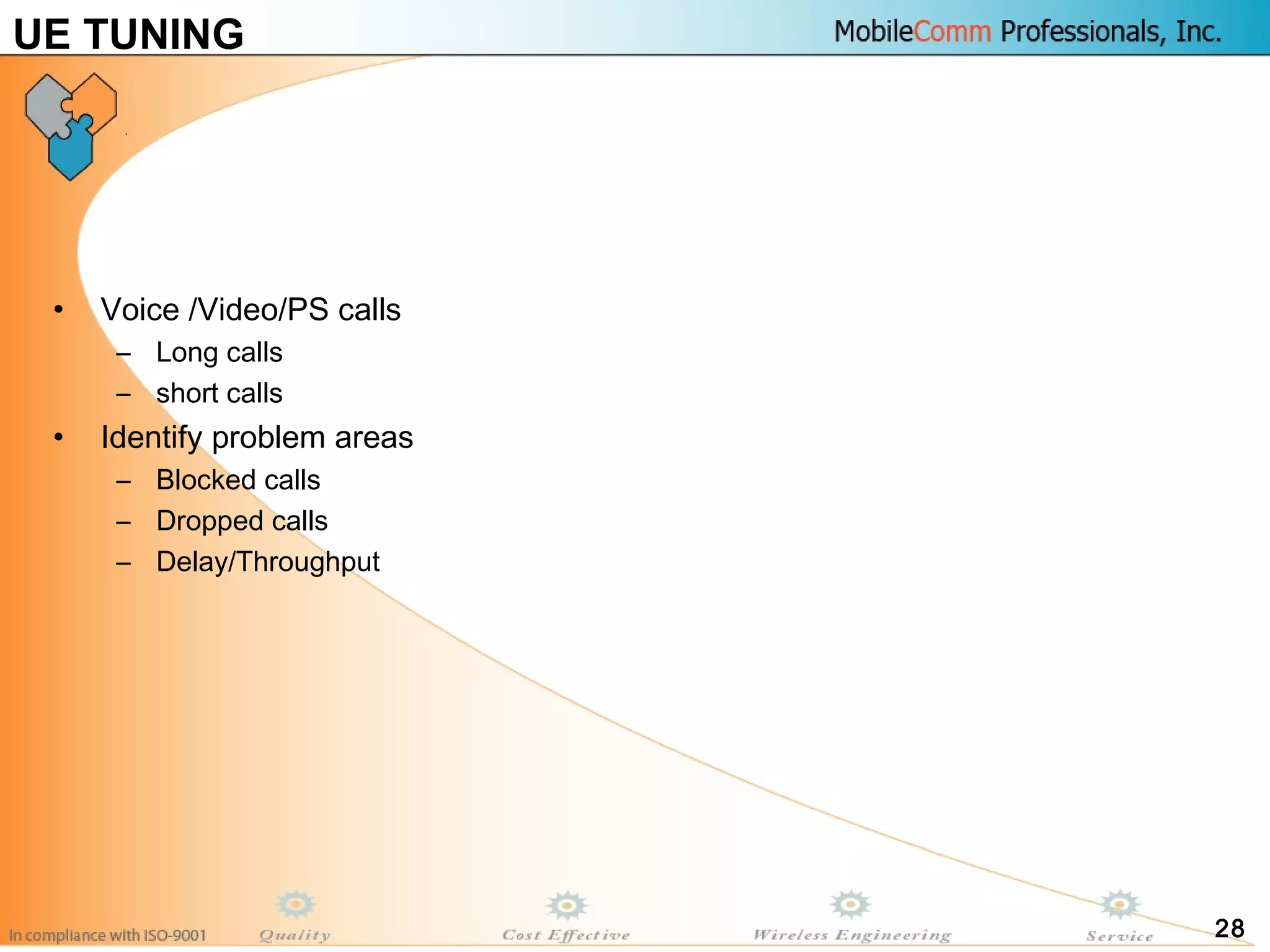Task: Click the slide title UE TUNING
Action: pos(128,34)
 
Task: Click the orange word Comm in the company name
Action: pos(952,31)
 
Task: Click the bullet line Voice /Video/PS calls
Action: pos(251,309)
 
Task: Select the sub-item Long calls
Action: pos(219,352)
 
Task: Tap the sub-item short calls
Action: pos(219,393)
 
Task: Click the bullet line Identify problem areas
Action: pos(257,437)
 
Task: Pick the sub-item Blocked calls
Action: pos(238,480)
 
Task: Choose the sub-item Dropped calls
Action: pos(242,521)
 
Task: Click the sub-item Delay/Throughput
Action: pos(268,562)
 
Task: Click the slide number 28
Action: pos(1229,928)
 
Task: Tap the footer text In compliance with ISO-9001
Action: pos(107,935)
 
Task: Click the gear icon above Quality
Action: pos(296,905)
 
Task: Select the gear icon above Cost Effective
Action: pos(567,906)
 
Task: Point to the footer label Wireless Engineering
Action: pos(851,935)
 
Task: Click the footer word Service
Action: pos(1119,936)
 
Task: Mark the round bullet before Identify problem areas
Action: pos(58,437)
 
